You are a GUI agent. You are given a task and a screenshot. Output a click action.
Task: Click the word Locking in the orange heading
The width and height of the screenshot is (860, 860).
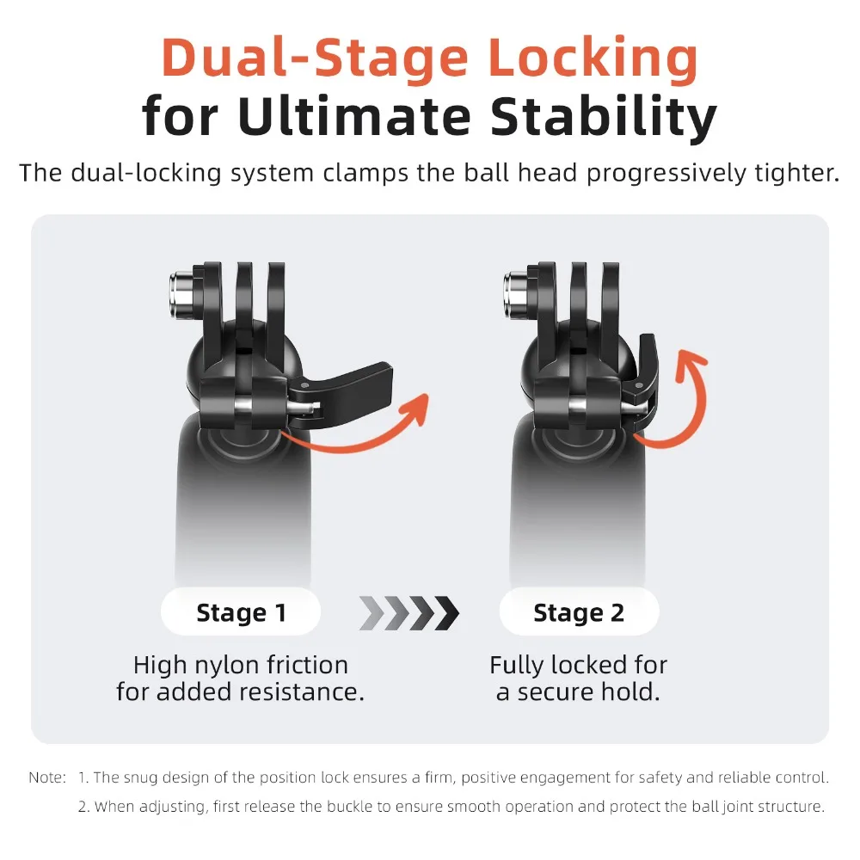[593, 59]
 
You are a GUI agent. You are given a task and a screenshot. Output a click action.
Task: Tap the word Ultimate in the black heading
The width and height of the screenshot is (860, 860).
[354, 116]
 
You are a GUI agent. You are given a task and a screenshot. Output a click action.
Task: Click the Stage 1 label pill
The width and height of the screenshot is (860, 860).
[240, 611]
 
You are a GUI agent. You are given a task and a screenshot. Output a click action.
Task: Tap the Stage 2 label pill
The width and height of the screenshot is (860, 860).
[579, 611]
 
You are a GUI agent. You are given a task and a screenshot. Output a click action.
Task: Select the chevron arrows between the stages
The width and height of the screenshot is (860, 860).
[409, 612]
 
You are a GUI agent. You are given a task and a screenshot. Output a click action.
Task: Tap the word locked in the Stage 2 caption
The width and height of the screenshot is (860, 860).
[590, 666]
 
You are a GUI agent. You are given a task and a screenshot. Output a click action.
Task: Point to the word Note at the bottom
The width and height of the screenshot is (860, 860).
[46, 777]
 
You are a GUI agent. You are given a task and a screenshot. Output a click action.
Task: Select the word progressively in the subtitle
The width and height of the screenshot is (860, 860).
[666, 175]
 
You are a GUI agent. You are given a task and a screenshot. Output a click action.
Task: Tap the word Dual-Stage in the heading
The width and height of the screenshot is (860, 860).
[316, 59]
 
